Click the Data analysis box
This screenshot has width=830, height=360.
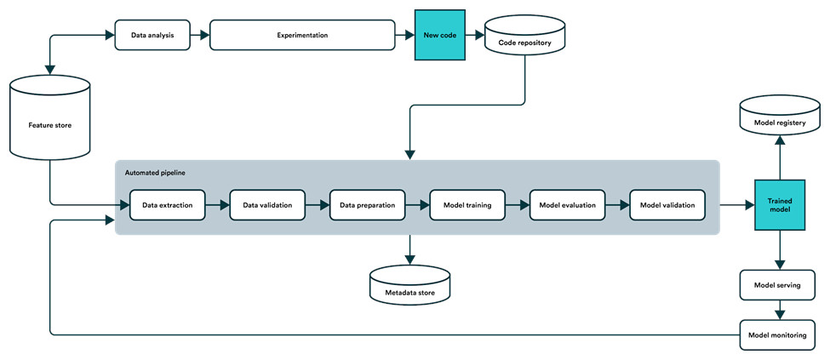tap(152, 36)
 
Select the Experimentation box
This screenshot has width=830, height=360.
tap(302, 36)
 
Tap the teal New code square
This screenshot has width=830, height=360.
tap(439, 35)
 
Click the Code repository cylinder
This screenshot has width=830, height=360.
tap(525, 36)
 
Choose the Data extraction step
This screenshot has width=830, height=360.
tap(167, 205)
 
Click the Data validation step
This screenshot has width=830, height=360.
tap(267, 205)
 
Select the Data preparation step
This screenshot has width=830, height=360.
tap(368, 205)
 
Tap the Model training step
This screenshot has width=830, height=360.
tap(467, 205)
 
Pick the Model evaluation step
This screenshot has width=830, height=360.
tap(568, 205)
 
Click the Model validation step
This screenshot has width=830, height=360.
tap(667, 205)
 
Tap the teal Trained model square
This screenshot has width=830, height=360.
tap(780, 205)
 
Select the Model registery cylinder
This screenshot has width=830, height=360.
tap(780, 115)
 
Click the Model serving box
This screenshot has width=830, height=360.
tap(777, 285)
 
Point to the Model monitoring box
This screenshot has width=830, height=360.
tap(777, 334)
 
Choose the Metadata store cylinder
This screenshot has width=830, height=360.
tap(410, 285)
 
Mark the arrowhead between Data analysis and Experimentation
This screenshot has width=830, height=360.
tap(204, 36)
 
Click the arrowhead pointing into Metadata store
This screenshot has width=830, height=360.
tap(409, 260)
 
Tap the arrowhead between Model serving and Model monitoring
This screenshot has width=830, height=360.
tap(780, 315)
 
